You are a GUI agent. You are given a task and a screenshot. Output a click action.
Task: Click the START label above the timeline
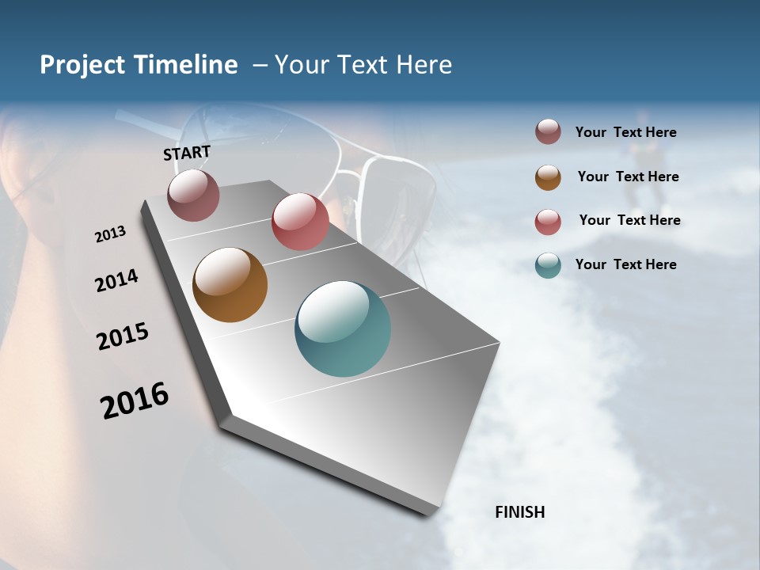tap(187, 152)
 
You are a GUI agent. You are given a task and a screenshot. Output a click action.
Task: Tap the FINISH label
tap(519, 512)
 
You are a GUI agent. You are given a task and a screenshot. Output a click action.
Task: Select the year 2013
tap(110, 234)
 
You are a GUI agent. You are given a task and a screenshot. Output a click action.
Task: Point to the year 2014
tap(116, 281)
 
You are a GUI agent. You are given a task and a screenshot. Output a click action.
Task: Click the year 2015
tap(123, 336)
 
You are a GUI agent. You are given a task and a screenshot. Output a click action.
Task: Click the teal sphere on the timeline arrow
tap(342, 329)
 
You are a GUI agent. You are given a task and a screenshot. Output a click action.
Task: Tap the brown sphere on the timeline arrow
tap(230, 285)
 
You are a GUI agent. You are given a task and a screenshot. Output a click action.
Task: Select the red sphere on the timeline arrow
tap(300, 221)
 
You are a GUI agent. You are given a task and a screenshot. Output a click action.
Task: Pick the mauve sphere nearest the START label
tap(193, 195)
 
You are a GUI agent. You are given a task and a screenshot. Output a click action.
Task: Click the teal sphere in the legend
tap(548, 265)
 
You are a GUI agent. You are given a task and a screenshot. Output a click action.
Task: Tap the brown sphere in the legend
tap(548, 177)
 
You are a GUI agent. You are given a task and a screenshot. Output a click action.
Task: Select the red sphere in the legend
tap(548, 222)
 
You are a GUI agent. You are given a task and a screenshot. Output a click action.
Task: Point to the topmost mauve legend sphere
tap(548, 132)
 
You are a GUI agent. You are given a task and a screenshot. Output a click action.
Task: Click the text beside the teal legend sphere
tap(625, 264)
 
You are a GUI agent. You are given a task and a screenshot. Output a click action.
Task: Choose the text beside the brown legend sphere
tap(628, 177)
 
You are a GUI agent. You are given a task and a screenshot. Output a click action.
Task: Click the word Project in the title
tap(82, 65)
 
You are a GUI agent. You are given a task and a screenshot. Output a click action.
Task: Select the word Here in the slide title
tap(424, 65)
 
